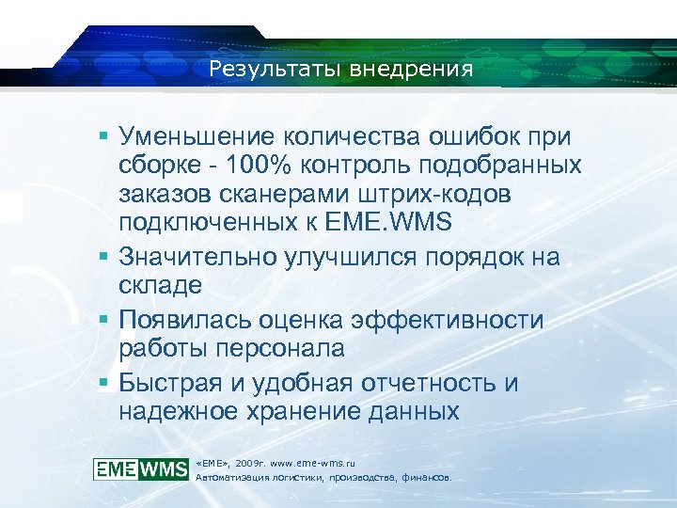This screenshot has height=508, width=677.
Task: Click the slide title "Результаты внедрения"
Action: (x=341, y=69)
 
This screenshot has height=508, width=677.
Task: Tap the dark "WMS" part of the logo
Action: (x=163, y=468)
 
